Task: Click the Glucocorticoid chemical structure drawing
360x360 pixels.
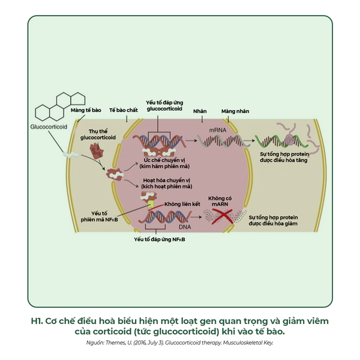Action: point(60,106)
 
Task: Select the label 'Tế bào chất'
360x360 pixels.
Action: point(124,111)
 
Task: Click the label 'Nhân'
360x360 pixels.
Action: point(199,112)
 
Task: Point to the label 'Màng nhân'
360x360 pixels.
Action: point(235,112)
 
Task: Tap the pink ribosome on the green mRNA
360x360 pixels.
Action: point(289,139)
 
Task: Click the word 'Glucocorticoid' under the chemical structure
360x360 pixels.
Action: point(49,127)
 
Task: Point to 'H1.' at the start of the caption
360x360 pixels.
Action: point(37,321)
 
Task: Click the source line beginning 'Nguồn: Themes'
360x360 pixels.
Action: point(179,343)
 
